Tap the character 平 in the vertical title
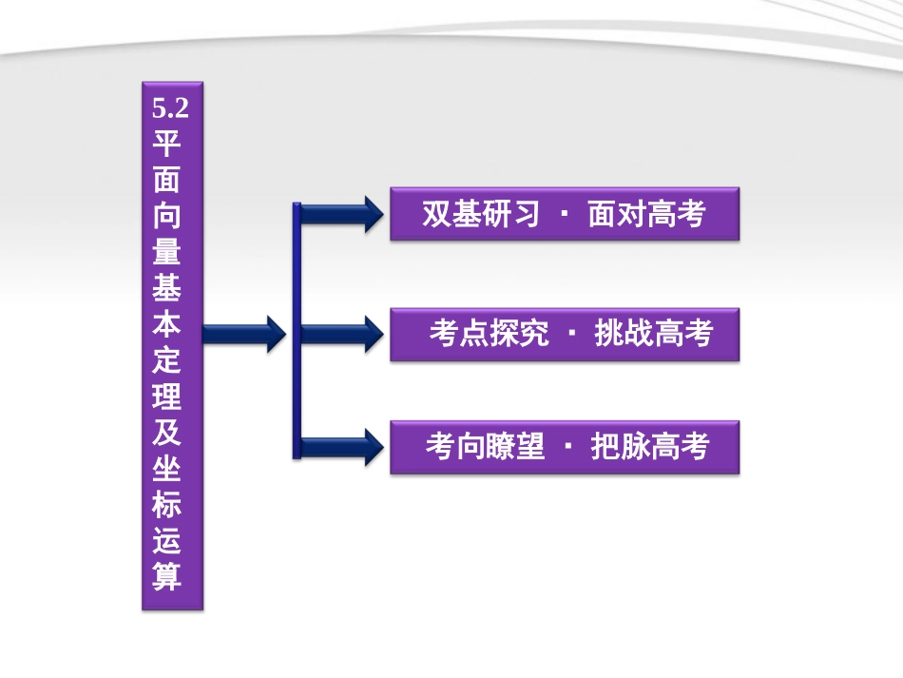pos(169,143)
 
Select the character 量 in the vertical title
pos(169,252)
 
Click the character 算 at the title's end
pos(169,576)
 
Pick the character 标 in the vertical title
pos(169,504)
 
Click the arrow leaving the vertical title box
pos(243,332)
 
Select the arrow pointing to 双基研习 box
pos(337,214)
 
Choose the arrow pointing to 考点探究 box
pos(337,333)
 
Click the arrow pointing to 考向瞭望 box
pos(337,445)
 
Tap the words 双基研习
pos(481,214)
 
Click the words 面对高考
pos(646,214)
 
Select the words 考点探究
pos(489,334)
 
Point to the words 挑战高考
pos(653,334)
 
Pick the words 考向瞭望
pos(485,446)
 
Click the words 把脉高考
pos(650,446)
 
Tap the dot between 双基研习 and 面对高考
pos(564,215)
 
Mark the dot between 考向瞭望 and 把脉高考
pos(567,447)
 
